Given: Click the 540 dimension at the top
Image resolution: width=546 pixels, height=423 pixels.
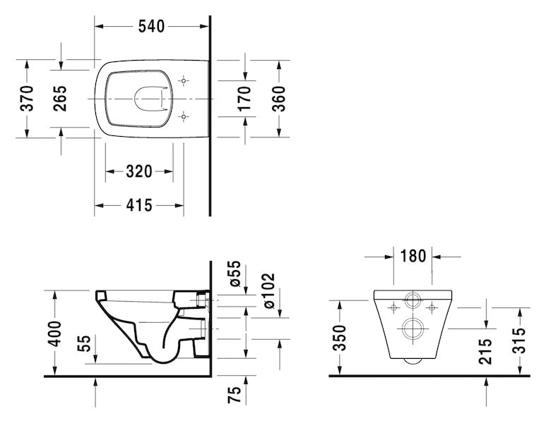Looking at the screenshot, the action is click(x=151, y=26).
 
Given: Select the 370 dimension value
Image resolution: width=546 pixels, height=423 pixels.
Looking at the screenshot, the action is click(x=27, y=99).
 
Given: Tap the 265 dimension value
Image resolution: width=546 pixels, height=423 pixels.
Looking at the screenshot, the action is click(x=60, y=99).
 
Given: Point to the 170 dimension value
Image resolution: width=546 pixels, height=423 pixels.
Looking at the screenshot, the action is click(x=244, y=99).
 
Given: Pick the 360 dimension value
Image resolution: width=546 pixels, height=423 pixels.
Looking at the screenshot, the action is click(x=278, y=99).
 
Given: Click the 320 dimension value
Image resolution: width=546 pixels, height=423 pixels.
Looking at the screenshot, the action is click(x=139, y=171).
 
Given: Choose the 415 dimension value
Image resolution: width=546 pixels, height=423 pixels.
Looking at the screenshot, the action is click(x=139, y=205).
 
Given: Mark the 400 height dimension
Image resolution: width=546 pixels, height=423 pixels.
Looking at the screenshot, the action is click(x=54, y=333).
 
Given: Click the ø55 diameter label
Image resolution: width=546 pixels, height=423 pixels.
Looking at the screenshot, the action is click(x=235, y=274).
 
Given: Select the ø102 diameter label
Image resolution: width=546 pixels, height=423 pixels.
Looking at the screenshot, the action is click(x=269, y=291).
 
